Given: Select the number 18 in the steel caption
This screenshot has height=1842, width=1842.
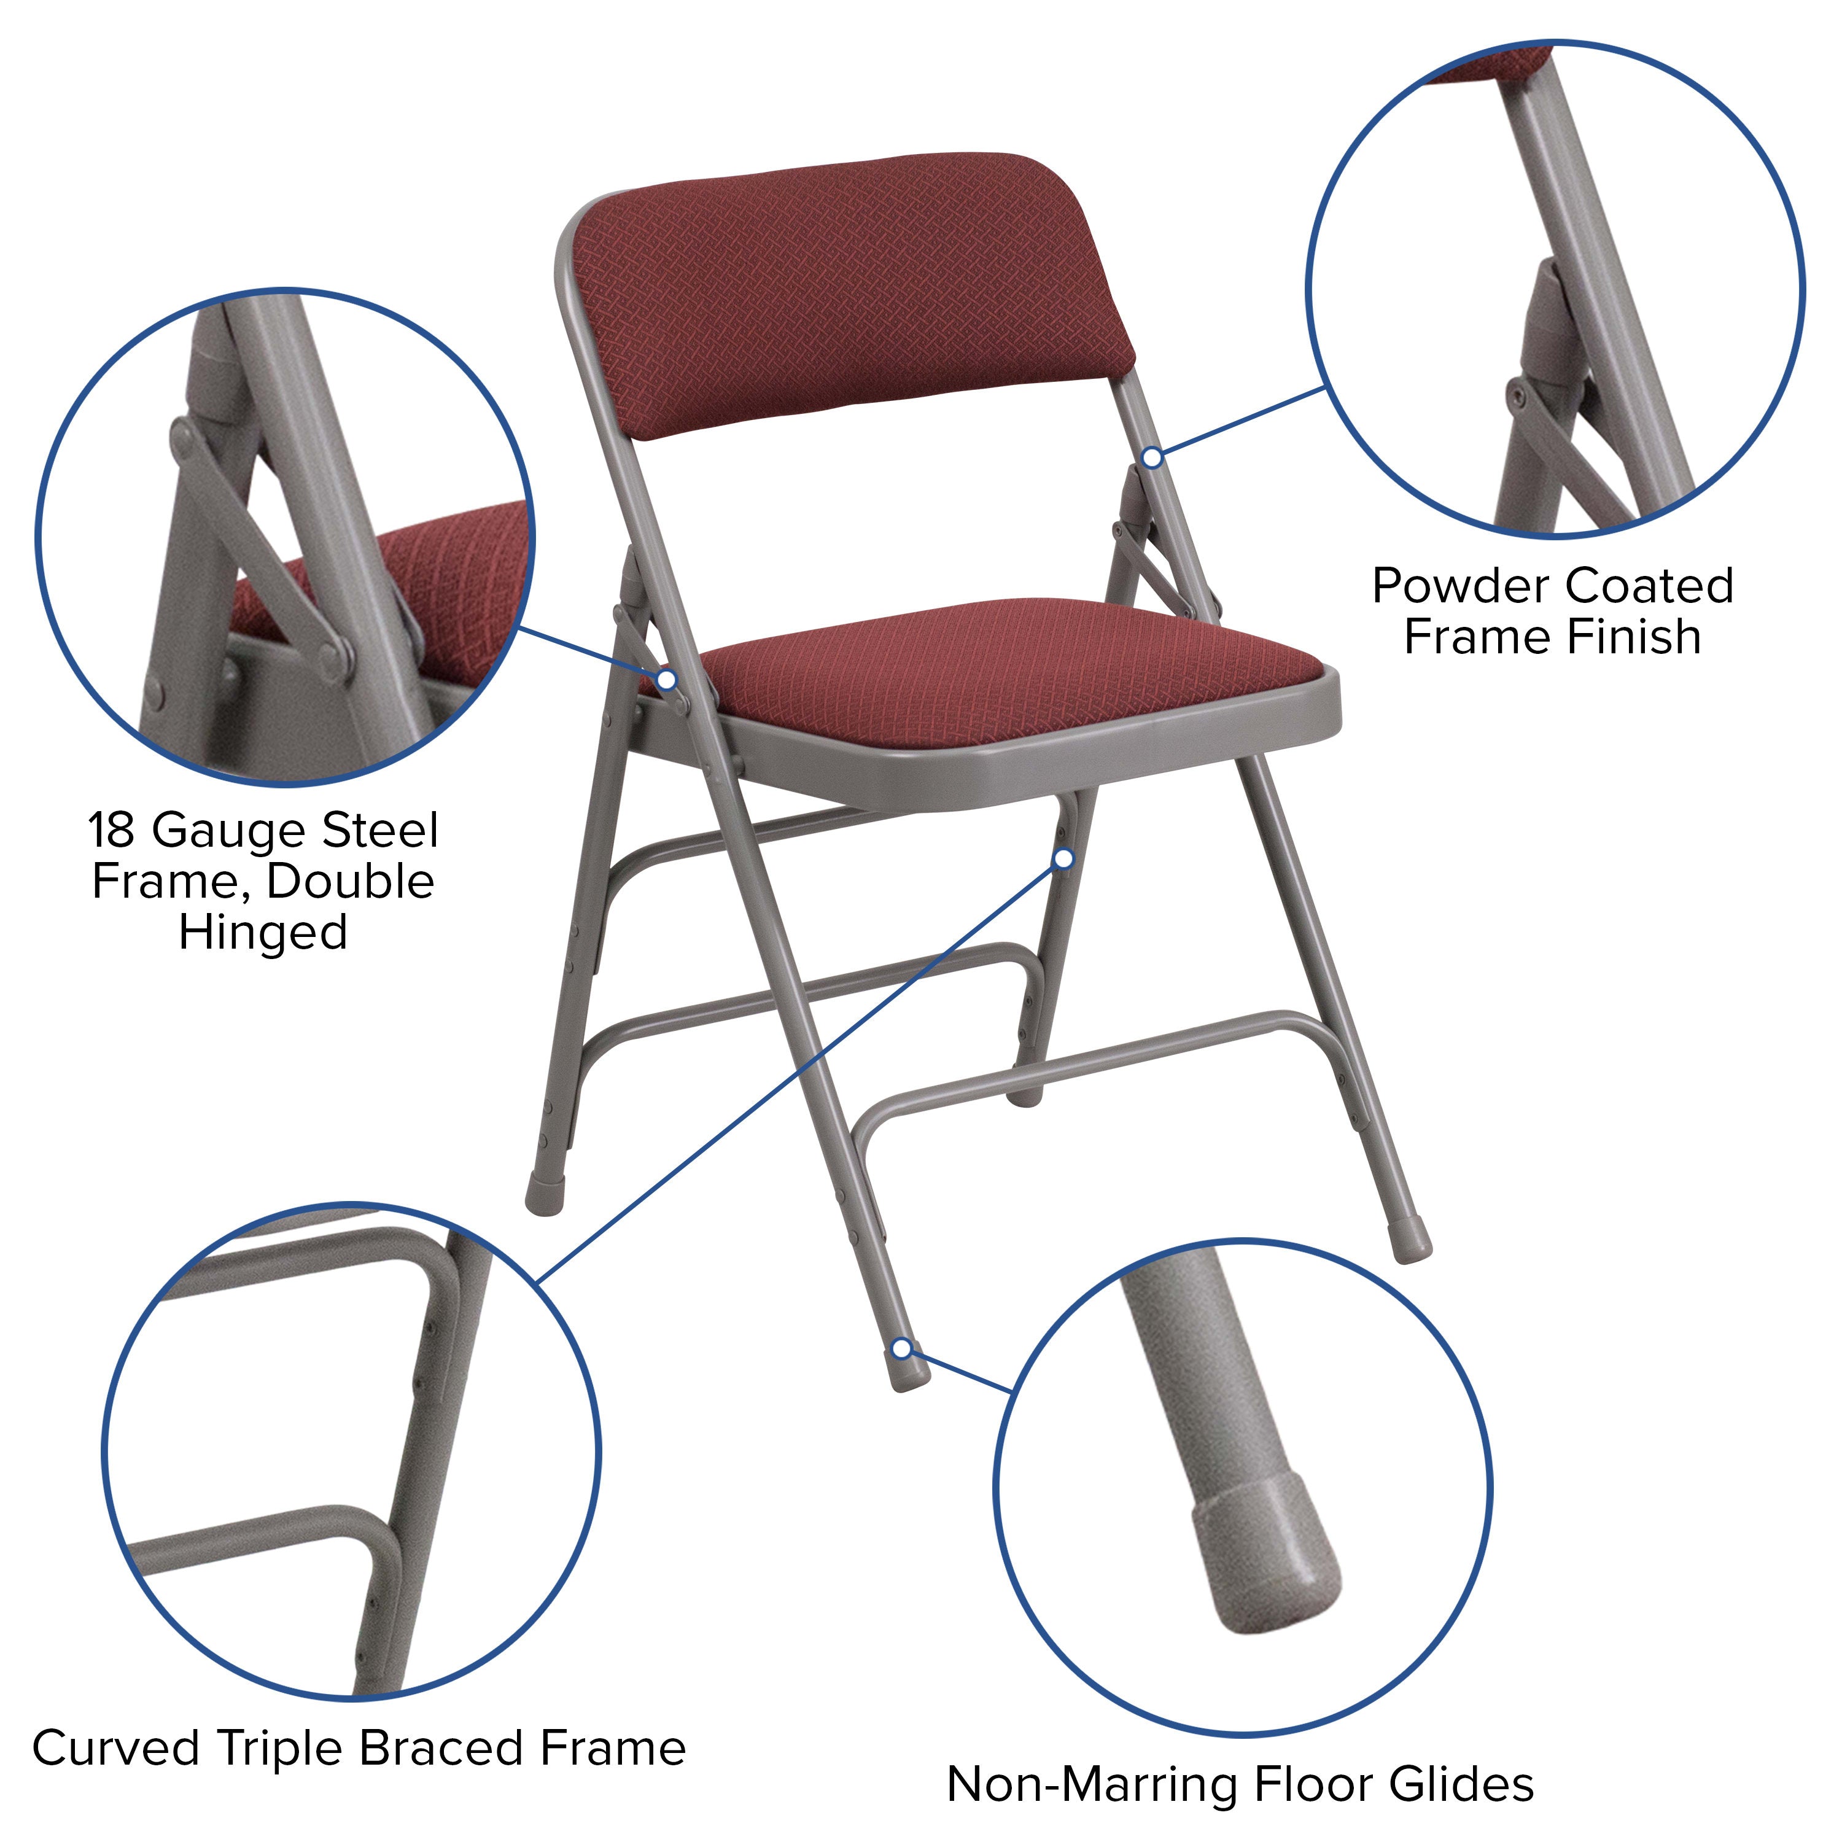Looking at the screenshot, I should [x=112, y=830].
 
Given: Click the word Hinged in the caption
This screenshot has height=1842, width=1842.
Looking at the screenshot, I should [x=263, y=933].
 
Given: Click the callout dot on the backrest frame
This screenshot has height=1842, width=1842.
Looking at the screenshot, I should [x=1152, y=457].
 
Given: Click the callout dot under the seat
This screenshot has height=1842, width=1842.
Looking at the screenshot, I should [x=1064, y=859].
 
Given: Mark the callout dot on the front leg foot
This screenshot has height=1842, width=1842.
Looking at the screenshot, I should [x=901, y=1348].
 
